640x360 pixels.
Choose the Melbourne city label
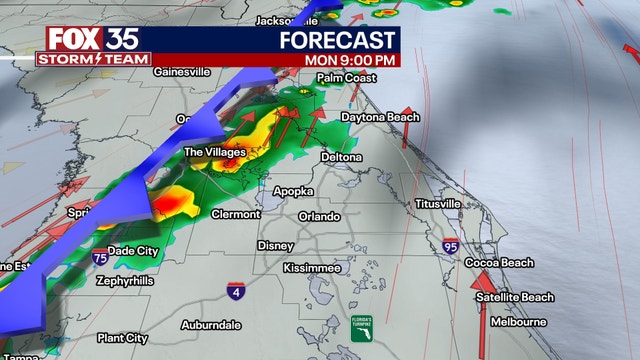[518, 322]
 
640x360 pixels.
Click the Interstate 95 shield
[453, 244]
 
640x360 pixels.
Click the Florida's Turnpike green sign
[360, 326]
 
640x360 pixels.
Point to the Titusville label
[438, 204]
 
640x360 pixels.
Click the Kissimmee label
[311, 268]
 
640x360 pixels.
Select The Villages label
[215, 152]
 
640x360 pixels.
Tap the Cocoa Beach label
[498, 263]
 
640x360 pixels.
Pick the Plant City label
[122, 338]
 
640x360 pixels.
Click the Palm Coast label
[345, 77]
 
